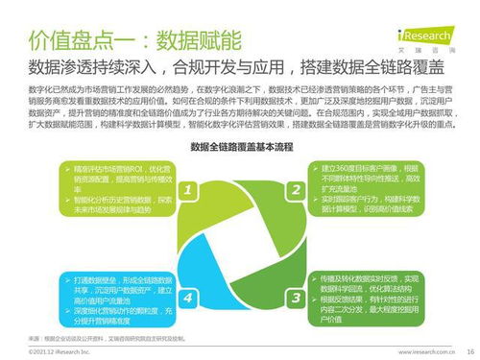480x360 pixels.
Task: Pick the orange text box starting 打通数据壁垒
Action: [x=116, y=299]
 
